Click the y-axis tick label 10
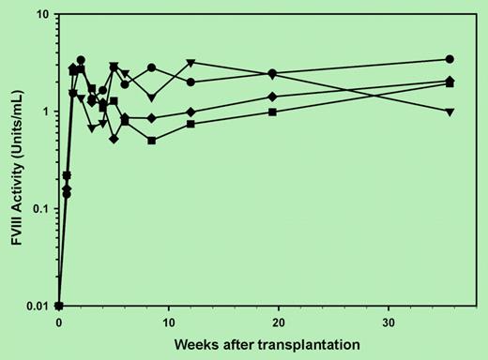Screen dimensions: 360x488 click(42, 15)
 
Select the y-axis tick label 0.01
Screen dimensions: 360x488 click(38, 306)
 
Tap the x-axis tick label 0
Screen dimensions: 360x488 click(59, 319)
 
